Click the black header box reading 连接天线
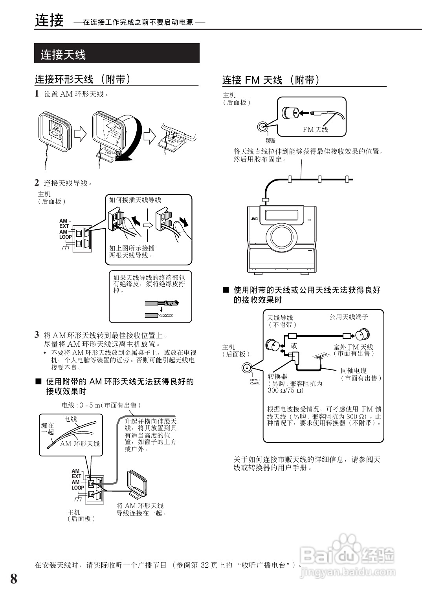(117, 53)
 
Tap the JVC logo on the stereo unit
(254, 219)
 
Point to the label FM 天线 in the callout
(315, 129)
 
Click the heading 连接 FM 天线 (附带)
(271, 80)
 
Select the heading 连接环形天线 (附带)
(83, 79)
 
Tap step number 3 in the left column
(37, 335)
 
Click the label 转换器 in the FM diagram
(277, 376)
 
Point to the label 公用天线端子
(349, 317)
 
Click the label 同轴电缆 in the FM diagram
(354, 370)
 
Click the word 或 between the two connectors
(294, 346)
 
